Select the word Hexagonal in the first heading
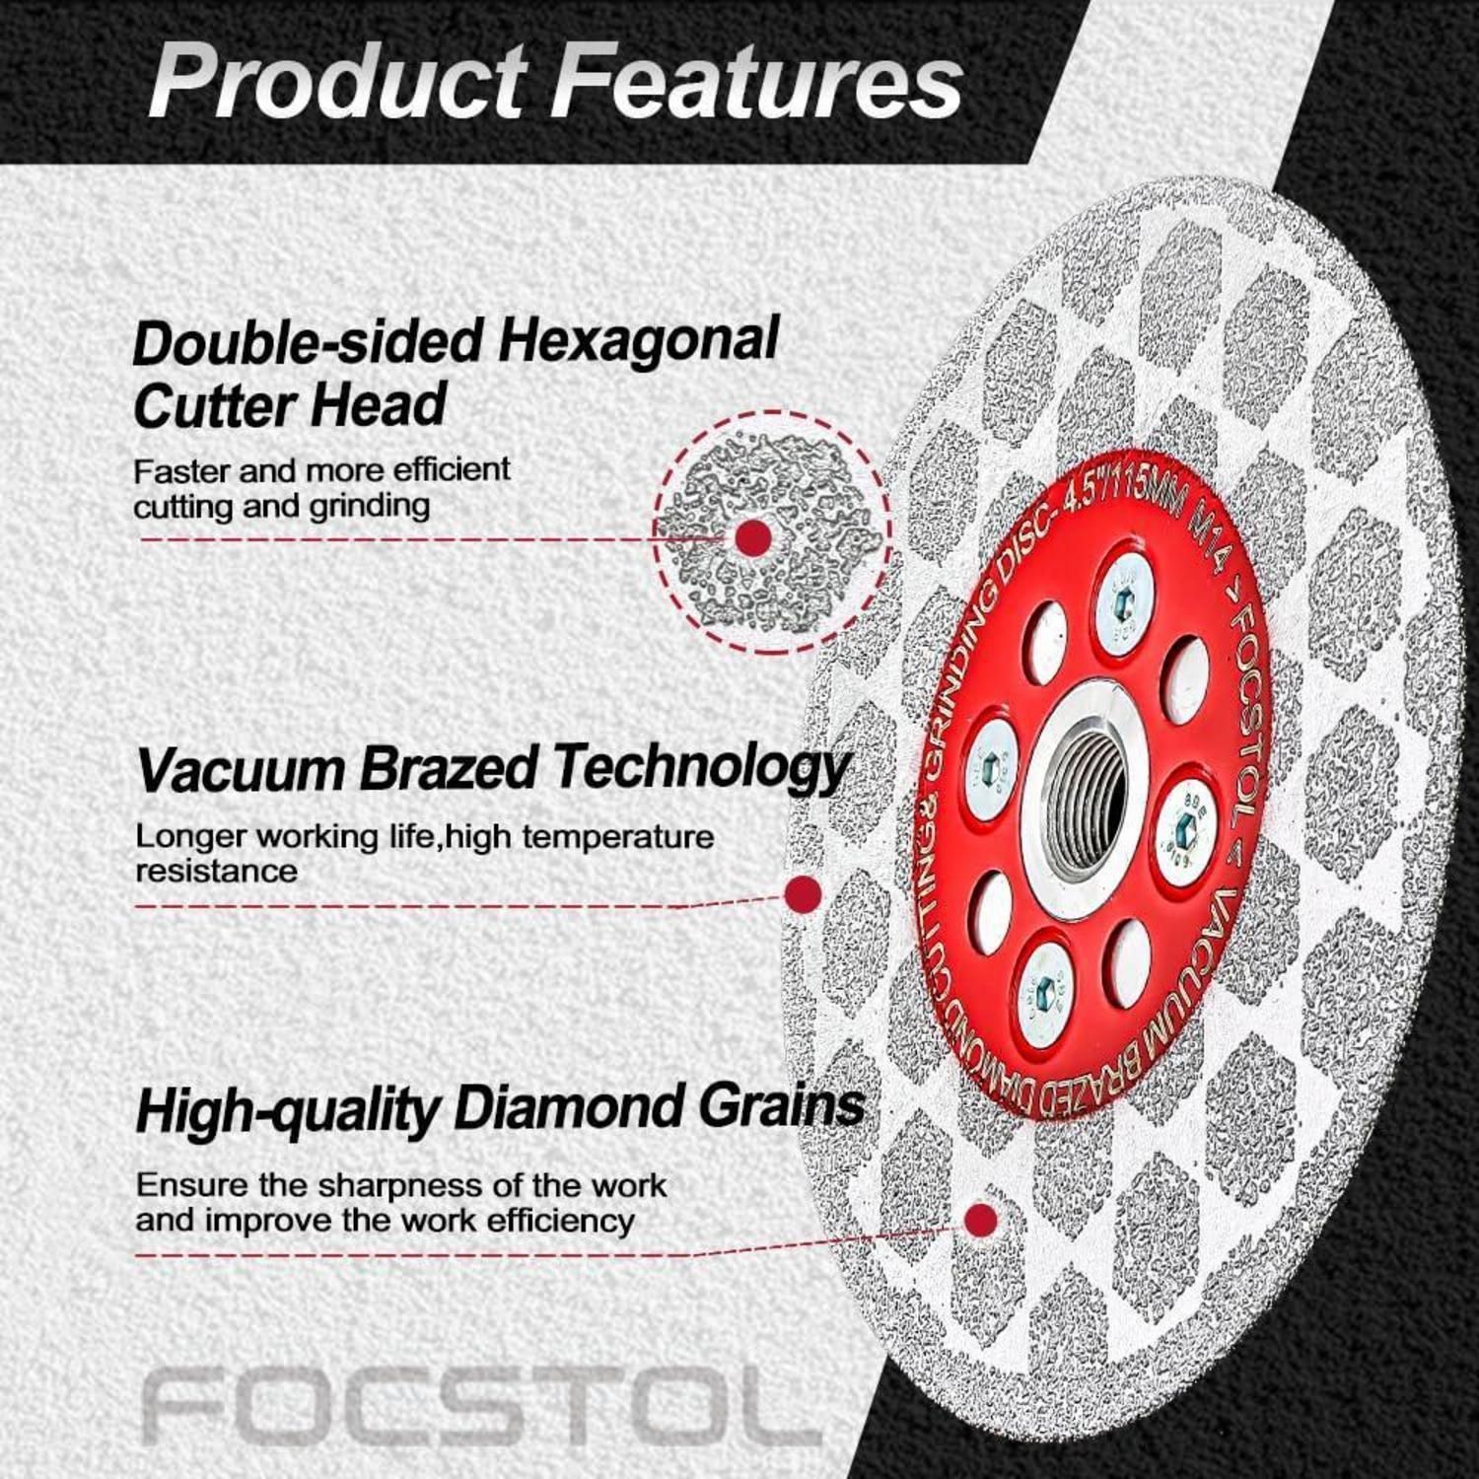pos(637,341)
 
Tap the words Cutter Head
pos(289,405)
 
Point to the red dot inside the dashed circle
pos(754,538)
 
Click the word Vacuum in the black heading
pos(241,768)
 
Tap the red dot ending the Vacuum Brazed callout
pos(803,894)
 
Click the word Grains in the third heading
pos(782,1107)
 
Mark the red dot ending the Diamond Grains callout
pos(979,1221)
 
